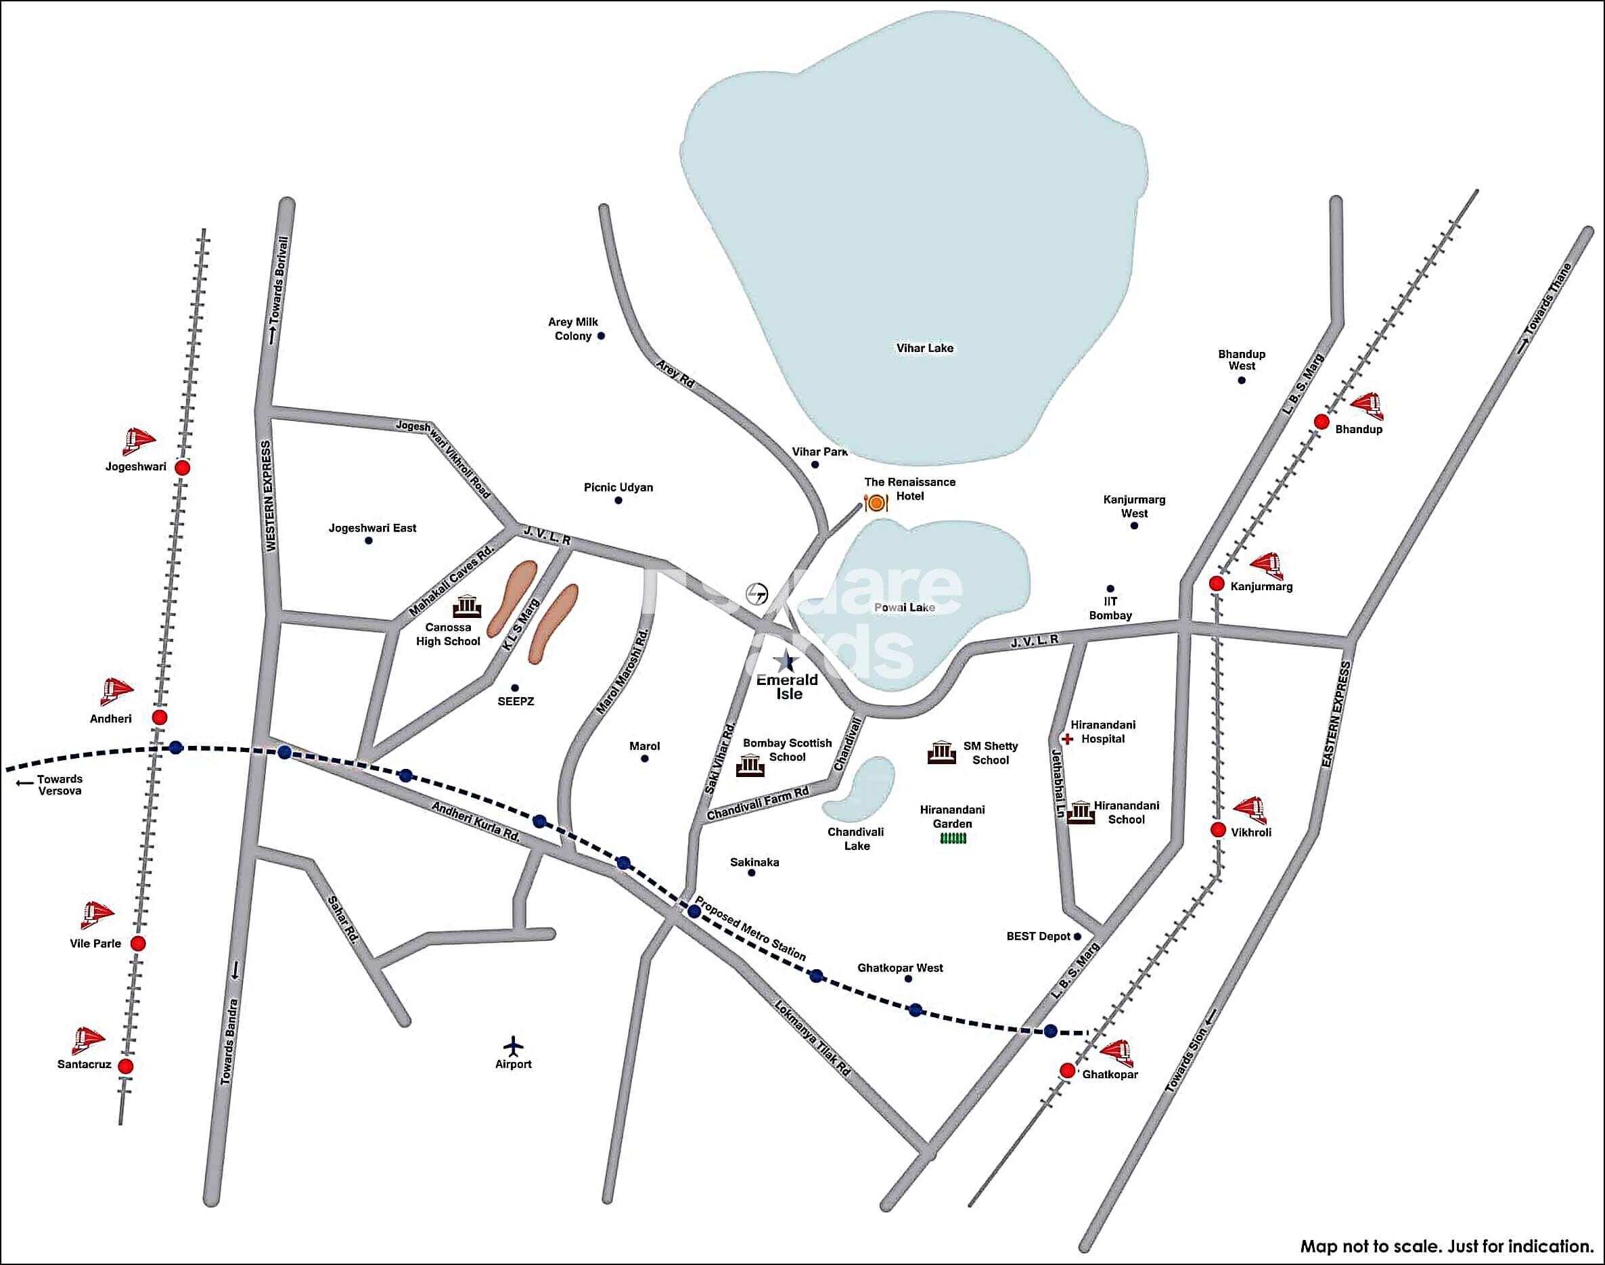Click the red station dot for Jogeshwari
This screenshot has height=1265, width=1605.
[x=182, y=468]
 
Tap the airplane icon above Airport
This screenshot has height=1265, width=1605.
[x=513, y=1045]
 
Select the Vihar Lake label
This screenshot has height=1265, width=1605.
[x=925, y=348]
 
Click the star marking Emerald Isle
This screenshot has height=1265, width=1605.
[x=785, y=659]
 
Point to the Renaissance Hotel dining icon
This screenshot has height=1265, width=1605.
[x=876, y=504]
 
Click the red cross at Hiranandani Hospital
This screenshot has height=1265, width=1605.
[x=1068, y=738]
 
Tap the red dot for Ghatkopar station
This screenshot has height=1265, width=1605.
[x=1067, y=1070]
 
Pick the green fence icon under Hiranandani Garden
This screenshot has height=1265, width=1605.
[x=953, y=839]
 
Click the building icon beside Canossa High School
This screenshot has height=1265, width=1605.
[x=467, y=606]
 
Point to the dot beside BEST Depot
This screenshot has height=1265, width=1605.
[x=1077, y=936]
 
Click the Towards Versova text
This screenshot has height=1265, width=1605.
[x=60, y=784]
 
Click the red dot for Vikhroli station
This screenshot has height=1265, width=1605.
[x=1218, y=830]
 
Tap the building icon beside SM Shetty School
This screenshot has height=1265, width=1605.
[x=941, y=753]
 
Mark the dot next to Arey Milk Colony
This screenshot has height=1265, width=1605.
[x=601, y=336]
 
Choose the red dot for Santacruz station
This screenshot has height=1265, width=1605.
[x=126, y=1066]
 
